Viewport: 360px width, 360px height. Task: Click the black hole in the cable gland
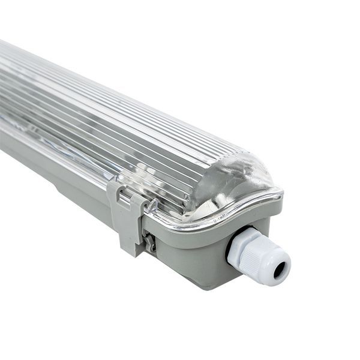coord(280,271)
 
